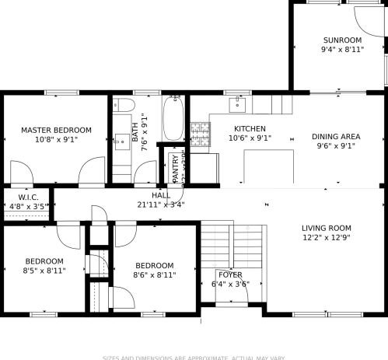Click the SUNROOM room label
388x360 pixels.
tap(342, 40)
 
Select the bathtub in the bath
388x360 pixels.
tap(172, 117)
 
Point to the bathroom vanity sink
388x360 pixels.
tap(122, 141)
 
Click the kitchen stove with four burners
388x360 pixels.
tap(201, 134)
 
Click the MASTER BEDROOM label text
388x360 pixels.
tap(56, 130)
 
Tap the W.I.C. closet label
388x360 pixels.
tap(26, 197)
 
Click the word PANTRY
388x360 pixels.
tap(176, 168)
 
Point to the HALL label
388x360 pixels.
tap(161, 195)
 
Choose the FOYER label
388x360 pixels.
tap(230, 275)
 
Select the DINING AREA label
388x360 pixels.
tap(336, 136)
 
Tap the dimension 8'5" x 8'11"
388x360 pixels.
tap(44, 271)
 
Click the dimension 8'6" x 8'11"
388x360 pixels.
tap(154, 274)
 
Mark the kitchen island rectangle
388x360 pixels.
tap(267, 165)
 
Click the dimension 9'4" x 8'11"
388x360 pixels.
tap(342, 50)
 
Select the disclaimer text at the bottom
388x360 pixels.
tap(194, 357)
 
